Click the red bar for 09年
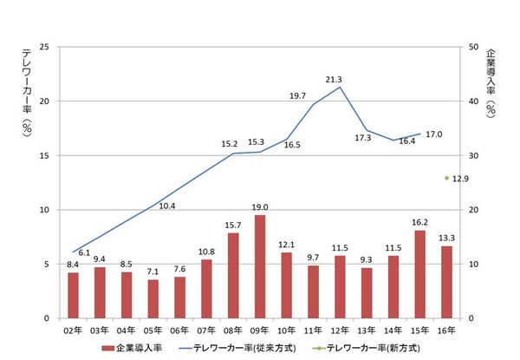259,266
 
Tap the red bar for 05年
153,298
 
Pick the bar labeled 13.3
447,282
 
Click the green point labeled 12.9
446,178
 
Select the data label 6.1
84,242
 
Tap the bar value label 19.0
259,207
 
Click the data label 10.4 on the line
167,206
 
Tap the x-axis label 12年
340,330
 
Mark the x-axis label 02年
73,330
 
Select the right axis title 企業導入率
491,82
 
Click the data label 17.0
434,134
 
